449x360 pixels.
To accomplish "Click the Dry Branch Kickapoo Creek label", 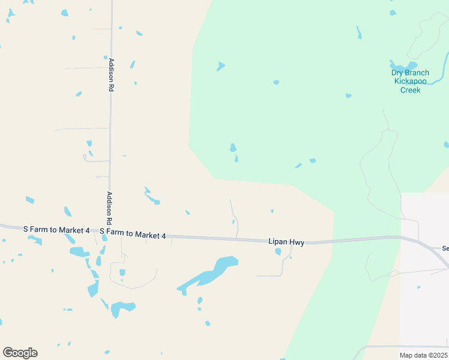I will pos(410,82).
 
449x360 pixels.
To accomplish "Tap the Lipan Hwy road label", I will pos(286,242).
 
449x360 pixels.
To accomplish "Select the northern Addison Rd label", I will pos(111,74).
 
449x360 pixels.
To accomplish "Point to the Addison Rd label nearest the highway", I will pos(110,208).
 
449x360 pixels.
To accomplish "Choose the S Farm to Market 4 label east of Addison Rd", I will pos(133,233).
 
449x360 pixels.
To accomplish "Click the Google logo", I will pos(20,353).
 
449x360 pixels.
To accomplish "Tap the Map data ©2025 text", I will pos(424,355).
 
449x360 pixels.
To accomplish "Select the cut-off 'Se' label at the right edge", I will pos(445,248).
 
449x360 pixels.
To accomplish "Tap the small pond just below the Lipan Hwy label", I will pos(278,252).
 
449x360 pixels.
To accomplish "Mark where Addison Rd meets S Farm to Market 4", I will pos(110,231).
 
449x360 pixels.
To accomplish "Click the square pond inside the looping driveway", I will pos(122,272).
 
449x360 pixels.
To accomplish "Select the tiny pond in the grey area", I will pos(418,287).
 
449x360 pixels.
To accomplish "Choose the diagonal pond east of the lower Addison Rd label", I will pos(152,197).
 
